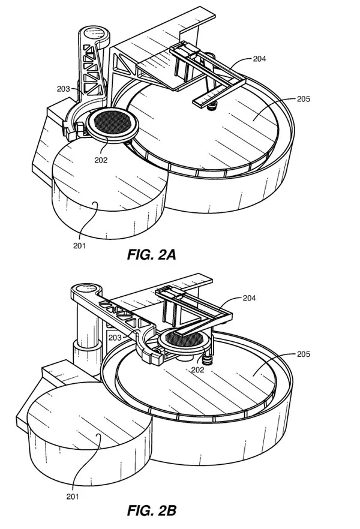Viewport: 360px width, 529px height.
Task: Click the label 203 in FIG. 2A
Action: [64, 89]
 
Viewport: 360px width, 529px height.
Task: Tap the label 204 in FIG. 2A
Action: [259, 59]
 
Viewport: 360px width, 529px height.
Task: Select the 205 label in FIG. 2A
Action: [304, 99]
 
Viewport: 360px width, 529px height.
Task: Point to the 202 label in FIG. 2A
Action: [101, 160]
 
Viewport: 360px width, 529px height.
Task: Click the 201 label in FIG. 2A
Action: [80, 246]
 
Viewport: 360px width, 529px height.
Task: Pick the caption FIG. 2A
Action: [151, 255]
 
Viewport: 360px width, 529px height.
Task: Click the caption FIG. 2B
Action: [151, 510]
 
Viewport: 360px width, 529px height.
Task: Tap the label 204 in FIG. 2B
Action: [249, 298]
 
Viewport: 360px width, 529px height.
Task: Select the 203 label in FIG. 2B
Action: [115, 337]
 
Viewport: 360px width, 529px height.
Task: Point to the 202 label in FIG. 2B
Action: [198, 369]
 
